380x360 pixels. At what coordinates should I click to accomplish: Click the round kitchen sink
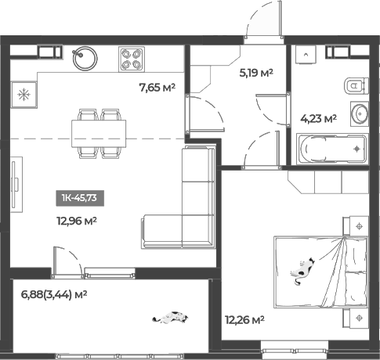83,57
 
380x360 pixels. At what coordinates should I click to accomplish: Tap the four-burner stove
130,57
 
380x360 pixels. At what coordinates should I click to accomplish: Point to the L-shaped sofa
188,211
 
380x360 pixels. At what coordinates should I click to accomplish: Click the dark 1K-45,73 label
81,198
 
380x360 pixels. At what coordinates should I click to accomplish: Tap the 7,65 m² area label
157,88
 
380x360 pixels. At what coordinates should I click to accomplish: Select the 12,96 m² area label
75,221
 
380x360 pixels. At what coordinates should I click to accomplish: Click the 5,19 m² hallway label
255,73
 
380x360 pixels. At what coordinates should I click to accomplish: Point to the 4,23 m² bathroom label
318,119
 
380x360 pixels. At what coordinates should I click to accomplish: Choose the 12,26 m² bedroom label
244,319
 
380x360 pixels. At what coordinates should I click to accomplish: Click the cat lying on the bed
302,270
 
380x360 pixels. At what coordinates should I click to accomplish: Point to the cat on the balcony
172,317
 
